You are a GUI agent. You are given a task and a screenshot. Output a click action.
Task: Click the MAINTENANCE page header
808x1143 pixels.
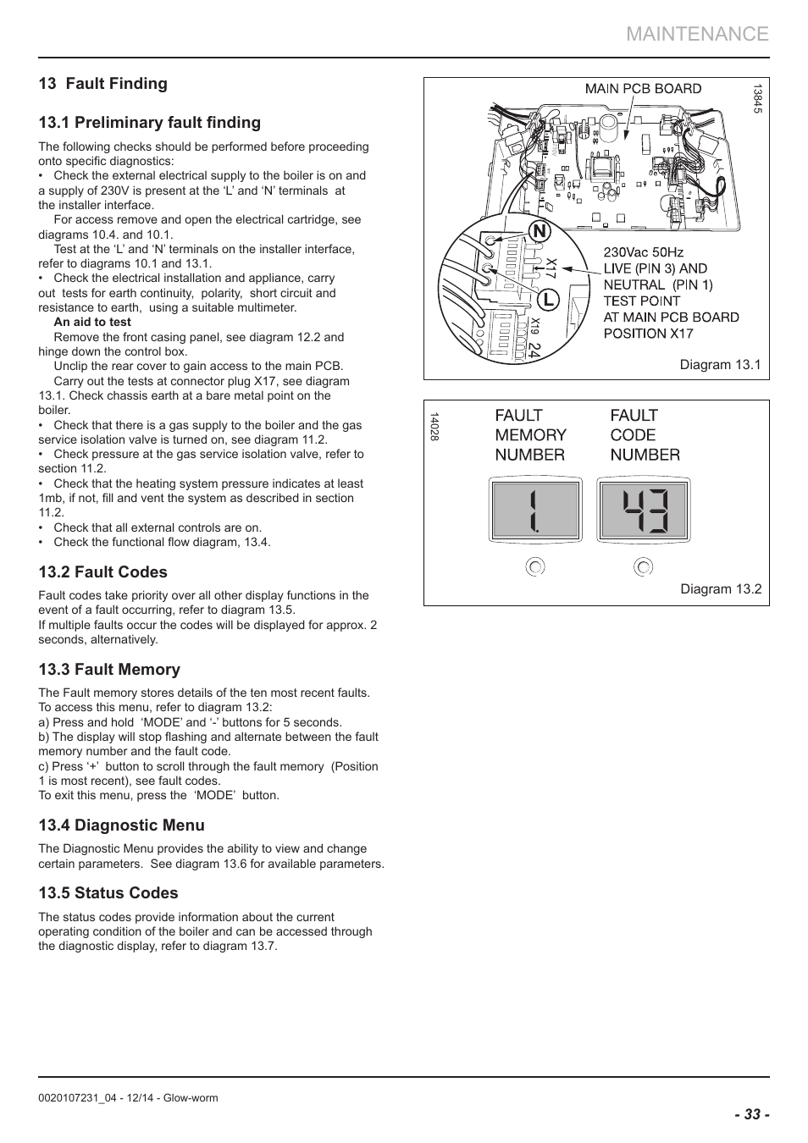pos(698,34)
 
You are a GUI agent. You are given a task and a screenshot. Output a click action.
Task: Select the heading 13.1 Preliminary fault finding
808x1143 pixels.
pos(149,123)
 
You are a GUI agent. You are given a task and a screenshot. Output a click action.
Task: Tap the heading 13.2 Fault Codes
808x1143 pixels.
pos(102,572)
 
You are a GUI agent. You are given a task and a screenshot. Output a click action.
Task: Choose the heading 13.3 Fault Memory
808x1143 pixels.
pos(109,670)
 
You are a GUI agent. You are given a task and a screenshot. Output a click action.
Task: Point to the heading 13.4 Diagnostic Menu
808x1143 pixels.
pos(121,825)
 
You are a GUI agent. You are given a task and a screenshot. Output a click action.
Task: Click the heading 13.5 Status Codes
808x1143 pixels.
pos(108,893)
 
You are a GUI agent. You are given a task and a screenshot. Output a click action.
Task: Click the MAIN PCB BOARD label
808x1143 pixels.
pos(643,89)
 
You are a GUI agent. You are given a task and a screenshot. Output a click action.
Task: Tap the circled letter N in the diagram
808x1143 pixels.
pos(540,231)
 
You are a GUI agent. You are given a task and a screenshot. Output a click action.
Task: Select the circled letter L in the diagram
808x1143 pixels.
pos(549,300)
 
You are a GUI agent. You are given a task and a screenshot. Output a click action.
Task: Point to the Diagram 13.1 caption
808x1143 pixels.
pos(720,365)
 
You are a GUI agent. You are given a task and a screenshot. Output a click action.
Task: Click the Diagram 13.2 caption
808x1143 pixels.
pos(721,589)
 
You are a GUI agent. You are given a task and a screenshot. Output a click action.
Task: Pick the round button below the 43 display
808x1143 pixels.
pos(644,566)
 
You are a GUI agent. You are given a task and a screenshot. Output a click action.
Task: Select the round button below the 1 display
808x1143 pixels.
pos(535,566)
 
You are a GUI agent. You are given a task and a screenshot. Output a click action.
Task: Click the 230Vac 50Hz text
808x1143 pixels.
pos(643,252)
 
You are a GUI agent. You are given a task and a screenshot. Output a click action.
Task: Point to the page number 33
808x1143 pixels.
pos(751,1115)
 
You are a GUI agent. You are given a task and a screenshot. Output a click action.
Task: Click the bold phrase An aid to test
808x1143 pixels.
pos(92,323)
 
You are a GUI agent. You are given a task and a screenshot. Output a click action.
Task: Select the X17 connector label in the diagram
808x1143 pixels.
pos(551,269)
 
